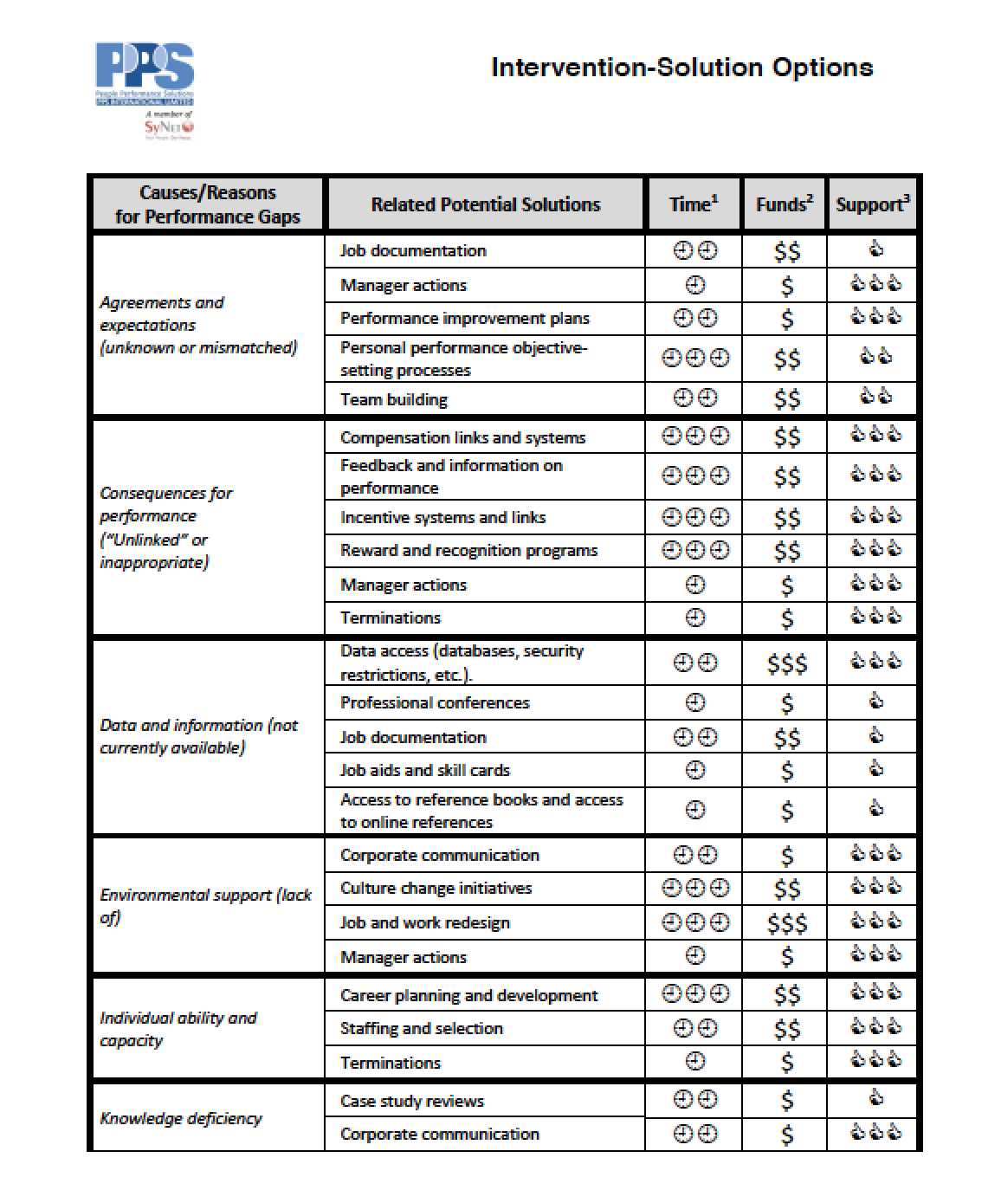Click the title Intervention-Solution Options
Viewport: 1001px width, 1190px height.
[681, 68]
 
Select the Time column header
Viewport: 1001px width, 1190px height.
[694, 204]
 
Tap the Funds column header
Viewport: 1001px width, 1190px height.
[785, 204]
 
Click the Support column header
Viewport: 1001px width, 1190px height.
[872, 204]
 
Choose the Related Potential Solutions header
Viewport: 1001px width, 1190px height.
[485, 204]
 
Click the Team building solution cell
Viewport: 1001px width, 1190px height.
[394, 399]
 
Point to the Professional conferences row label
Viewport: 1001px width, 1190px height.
[435, 702]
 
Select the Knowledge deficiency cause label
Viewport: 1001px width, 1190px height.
[180, 1118]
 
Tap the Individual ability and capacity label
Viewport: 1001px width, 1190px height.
[178, 1029]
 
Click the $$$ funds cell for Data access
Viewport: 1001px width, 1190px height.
[786, 663]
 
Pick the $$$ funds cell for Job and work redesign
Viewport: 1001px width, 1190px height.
[786, 923]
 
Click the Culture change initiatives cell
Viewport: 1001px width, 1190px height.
[436, 888]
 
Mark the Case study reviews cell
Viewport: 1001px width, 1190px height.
[412, 1101]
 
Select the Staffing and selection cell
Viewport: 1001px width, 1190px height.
[421, 1028]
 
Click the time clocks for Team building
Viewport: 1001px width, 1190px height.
[695, 398]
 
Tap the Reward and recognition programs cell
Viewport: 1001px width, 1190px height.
[468, 550]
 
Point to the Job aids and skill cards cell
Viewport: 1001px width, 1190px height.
[425, 770]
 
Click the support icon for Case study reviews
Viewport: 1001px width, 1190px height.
[875, 1099]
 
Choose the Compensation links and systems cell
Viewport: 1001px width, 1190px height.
[462, 437]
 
